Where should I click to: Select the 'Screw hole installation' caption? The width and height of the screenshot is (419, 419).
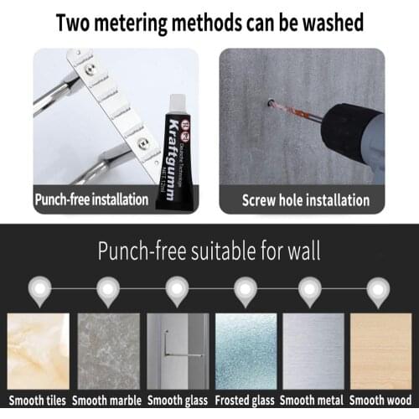pos(305,200)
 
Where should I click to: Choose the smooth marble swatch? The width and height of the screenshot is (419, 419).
pos(106,349)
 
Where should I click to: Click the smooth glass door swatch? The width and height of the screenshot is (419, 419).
pos(176,349)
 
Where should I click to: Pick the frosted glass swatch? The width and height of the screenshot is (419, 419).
pos(245,349)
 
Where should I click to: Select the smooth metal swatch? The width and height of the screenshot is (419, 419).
pos(314,349)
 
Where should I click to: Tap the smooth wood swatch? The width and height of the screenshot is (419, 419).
pos(381,349)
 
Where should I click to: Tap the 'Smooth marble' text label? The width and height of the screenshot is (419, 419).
pos(106,401)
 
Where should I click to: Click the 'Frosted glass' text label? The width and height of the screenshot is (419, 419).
pos(245,401)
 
